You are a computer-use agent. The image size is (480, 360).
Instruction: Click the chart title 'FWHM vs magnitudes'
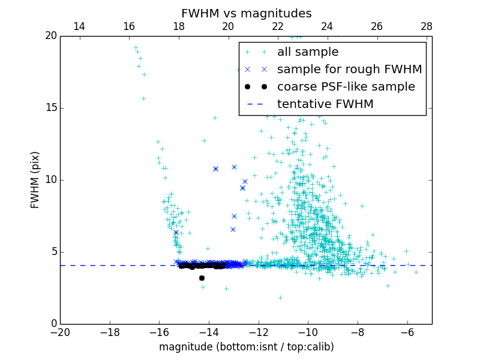[x=246, y=13]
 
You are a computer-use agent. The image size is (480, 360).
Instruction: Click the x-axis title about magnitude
[x=246, y=347]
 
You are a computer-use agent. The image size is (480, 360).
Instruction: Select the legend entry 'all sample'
[x=307, y=52]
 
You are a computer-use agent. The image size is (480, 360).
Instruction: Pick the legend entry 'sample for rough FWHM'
[x=349, y=70]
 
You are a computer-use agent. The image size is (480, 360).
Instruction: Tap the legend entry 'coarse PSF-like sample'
[x=346, y=87]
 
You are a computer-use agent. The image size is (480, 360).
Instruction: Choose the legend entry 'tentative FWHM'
[x=325, y=104]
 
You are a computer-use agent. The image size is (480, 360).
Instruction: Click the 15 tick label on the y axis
[x=50, y=108]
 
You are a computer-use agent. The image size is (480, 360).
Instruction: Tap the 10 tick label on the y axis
[x=50, y=180]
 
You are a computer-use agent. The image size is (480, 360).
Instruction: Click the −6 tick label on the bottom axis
[x=407, y=332]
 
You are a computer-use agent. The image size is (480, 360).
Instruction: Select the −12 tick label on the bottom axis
[x=259, y=332]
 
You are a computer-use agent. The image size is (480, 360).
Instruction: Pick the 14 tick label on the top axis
[x=79, y=26]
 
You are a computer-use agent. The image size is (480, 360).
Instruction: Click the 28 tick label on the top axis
[x=427, y=26]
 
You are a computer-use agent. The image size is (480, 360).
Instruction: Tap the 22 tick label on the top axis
[x=278, y=26]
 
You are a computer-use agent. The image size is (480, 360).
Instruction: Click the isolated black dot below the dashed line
[x=202, y=278]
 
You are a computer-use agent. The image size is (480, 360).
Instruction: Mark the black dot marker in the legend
[x=256, y=87]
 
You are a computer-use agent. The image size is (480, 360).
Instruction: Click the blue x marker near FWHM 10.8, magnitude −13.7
[x=215, y=169]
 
